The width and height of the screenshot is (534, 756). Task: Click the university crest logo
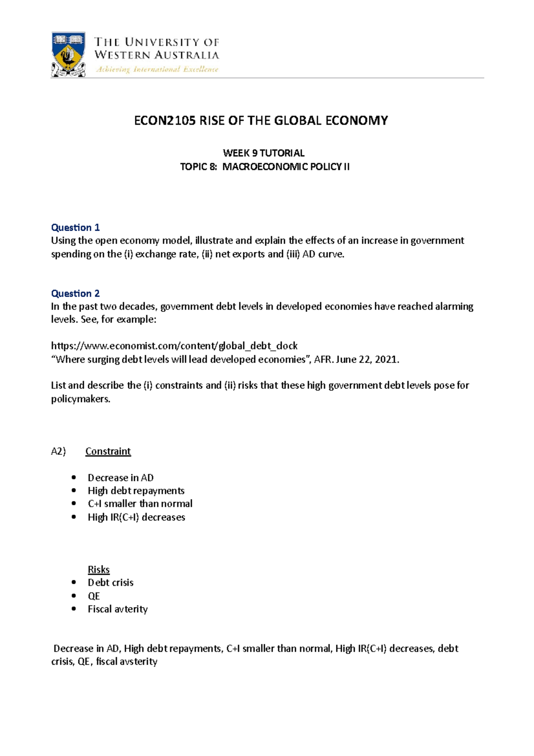point(68,54)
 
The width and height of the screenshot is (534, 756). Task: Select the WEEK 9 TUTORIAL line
point(263,153)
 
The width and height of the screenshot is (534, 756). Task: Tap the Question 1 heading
point(75,228)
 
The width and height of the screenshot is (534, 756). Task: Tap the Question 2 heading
point(75,293)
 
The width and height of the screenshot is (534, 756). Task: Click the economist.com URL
point(174,346)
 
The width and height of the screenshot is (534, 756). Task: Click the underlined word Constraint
point(108,451)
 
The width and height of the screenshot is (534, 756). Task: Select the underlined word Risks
point(98,569)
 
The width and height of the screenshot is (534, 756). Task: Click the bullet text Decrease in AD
point(121,478)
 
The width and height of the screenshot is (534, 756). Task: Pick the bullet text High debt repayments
point(136,491)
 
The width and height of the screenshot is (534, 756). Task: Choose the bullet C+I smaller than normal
point(140,504)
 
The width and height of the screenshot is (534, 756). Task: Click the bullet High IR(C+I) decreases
point(136,517)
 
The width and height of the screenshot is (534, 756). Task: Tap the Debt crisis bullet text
point(110,582)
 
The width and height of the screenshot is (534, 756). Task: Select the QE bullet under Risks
point(93,596)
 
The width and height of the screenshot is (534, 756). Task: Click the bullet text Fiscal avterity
point(117,609)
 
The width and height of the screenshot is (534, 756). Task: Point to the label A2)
point(58,451)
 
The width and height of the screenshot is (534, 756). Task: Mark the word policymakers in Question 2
point(80,399)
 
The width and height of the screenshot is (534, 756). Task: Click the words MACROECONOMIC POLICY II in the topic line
point(286,167)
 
